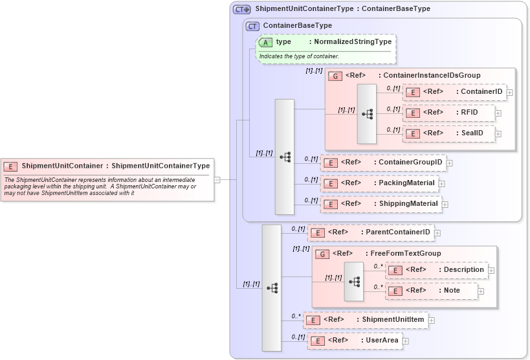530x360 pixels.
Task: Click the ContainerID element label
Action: pyautogui.click(x=480, y=92)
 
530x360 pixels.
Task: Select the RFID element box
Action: pyautogui.click(x=448, y=113)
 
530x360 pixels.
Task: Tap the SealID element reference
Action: pyautogui.click(x=448, y=133)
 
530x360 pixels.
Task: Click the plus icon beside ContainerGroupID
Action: pyautogui.click(x=449, y=163)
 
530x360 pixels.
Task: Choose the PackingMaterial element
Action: pyautogui.click(x=379, y=183)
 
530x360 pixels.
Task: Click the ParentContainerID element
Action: pyautogui.click(x=370, y=232)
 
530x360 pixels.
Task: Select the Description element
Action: pyautogui.click(x=437, y=270)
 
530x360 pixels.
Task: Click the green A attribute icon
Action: pyautogui.click(x=265, y=42)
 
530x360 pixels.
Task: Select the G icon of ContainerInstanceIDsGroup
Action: pyautogui.click(x=335, y=76)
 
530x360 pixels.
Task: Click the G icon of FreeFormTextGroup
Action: pyautogui.click(x=322, y=254)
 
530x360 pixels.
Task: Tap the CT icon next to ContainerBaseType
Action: pyautogui.click(x=252, y=26)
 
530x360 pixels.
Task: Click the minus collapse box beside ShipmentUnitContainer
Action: pyautogui.click(x=217, y=180)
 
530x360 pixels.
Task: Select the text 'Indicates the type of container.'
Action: pyautogui.click(x=299, y=56)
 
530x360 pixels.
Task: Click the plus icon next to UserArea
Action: pyautogui.click(x=405, y=341)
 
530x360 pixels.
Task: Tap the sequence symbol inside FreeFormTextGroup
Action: pyautogui.click(x=354, y=282)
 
